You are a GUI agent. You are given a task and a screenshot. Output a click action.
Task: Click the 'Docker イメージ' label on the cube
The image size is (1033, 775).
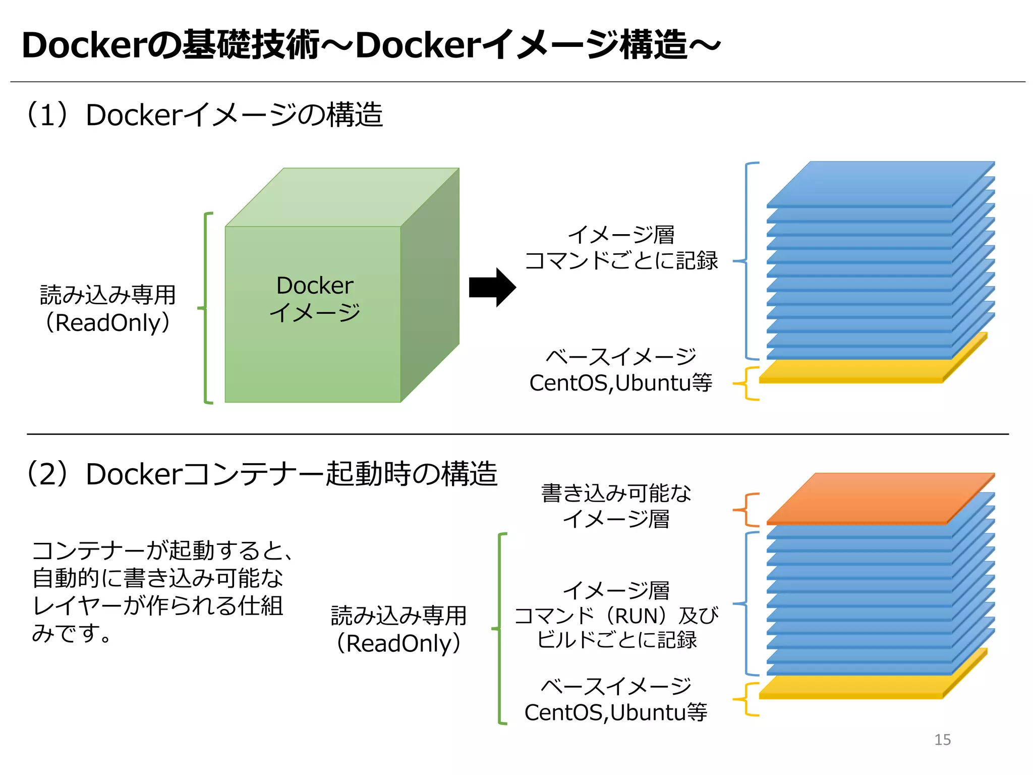[x=315, y=299]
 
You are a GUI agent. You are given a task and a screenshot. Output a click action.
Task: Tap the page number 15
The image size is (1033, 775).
[x=942, y=740]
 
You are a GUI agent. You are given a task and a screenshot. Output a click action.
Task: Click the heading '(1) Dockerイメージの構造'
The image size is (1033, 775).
[x=204, y=115]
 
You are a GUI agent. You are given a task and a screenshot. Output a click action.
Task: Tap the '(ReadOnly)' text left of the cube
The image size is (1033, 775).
[x=108, y=323]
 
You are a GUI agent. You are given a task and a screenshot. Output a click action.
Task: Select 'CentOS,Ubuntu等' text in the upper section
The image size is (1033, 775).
[x=620, y=383]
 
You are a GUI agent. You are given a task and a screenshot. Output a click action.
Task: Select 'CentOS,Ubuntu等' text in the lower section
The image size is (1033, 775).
[x=615, y=712]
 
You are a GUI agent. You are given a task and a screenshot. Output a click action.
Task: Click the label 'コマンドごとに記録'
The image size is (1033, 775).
[x=621, y=261]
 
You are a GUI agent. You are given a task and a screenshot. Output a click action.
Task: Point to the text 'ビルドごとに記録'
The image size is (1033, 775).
[x=616, y=640]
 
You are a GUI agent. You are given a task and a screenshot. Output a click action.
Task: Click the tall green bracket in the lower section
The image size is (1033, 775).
[x=499, y=629]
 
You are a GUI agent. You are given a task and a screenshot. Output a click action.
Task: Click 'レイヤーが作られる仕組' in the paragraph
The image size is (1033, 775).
[x=157, y=606]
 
